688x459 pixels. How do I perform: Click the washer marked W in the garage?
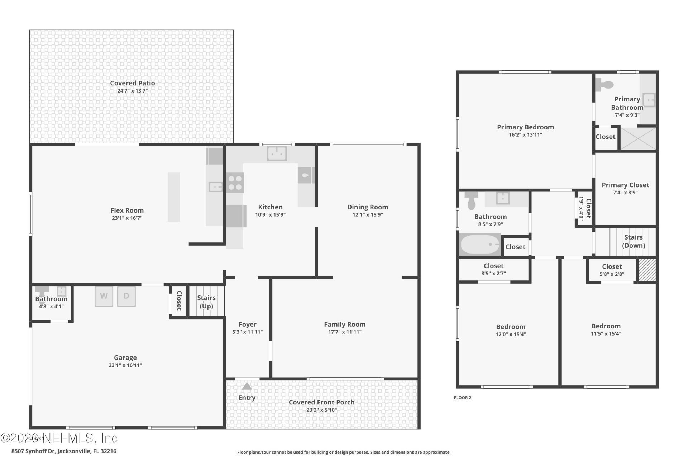click(x=104, y=296)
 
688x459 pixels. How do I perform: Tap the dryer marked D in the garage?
click(x=126, y=296)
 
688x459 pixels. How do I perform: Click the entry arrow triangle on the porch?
click(x=247, y=386)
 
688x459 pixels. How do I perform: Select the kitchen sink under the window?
click(x=277, y=153)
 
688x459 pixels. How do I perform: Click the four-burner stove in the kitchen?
click(x=235, y=183)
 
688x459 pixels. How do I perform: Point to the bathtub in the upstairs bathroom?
click(x=479, y=245)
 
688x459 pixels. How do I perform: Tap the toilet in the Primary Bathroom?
click(x=605, y=85)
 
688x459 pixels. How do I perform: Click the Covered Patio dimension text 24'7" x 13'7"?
click(x=132, y=91)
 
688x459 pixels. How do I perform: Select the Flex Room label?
click(x=127, y=210)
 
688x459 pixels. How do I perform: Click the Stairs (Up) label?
click(x=206, y=302)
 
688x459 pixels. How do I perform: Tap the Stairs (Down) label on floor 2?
click(x=633, y=241)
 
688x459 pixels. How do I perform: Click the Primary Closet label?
click(x=625, y=185)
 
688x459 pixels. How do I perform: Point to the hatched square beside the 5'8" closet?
click(x=648, y=270)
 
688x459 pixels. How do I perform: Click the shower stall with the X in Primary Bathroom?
click(x=638, y=138)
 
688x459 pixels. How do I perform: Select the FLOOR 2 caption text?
click(x=462, y=398)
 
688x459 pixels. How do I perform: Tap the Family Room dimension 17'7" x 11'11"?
click(x=345, y=332)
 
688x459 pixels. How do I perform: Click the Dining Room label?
click(x=367, y=207)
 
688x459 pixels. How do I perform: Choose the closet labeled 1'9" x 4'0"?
click(x=584, y=208)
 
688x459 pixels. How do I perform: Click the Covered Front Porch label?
click(x=321, y=402)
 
